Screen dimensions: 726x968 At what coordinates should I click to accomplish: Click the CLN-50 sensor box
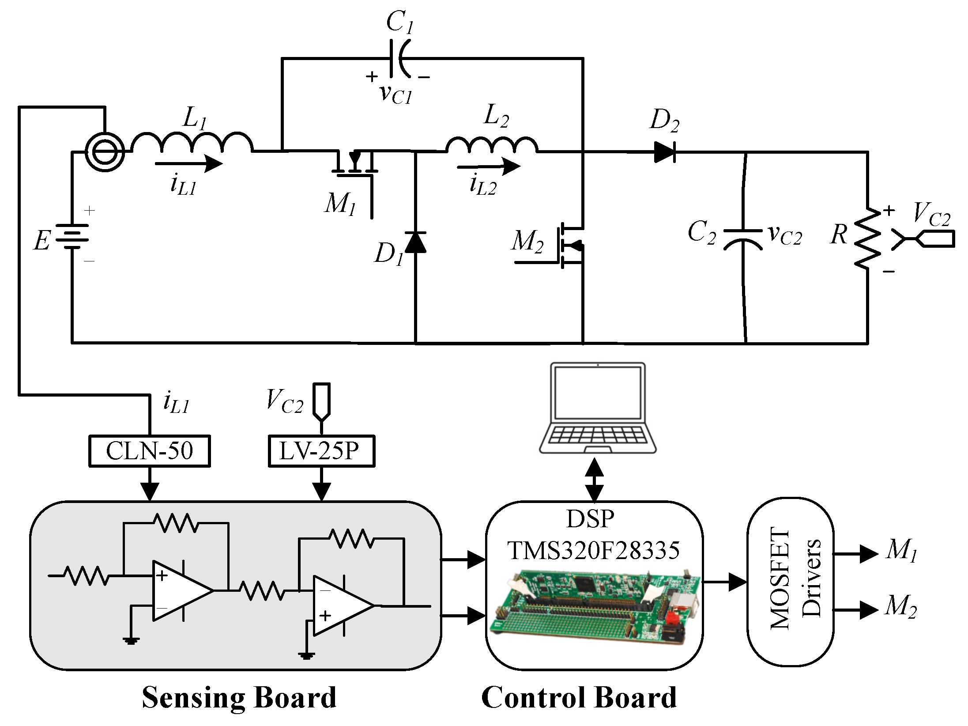[149, 451]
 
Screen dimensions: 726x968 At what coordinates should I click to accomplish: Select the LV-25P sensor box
[321, 451]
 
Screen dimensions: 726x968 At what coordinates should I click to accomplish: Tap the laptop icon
[598, 408]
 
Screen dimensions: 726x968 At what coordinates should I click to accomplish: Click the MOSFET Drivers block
[790, 582]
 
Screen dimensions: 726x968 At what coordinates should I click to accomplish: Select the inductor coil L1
[192, 144]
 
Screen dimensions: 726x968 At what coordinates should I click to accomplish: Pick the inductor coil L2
[491, 145]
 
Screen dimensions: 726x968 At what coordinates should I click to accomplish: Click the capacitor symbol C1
[399, 58]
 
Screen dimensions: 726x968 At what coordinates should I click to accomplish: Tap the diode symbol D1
[415, 243]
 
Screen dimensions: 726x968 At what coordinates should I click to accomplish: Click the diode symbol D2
[664, 152]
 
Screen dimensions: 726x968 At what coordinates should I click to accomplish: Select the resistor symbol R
[867, 238]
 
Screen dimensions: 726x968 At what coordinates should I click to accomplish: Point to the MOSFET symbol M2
[569, 245]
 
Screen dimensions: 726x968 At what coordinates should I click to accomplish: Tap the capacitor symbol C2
[743, 238]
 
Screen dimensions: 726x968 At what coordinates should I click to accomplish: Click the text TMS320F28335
[594, 550]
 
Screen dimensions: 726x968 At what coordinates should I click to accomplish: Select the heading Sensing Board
[239, 698]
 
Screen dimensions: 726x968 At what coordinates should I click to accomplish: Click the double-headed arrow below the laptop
[595, 480]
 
